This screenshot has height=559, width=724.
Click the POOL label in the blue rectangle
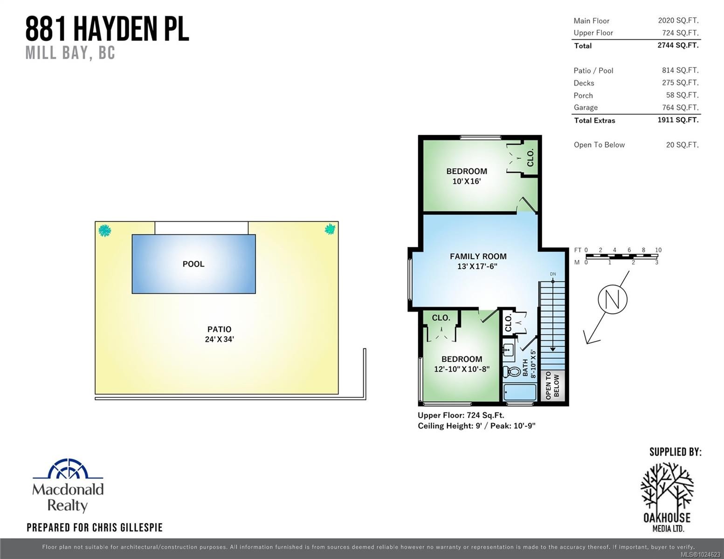(193, 264)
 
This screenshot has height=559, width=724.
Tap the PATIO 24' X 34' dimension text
(219, 339)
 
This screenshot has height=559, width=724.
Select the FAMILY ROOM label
(478, 256)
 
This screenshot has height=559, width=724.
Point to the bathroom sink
(509, 349)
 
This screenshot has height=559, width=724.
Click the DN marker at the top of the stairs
(553, 274)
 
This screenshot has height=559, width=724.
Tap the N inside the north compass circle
(613, 299)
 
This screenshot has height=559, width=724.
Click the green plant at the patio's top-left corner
(105, 230)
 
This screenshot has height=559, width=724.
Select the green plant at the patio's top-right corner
(330, 229)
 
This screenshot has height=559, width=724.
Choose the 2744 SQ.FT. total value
(678, 45)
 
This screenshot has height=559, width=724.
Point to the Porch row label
(583, 95)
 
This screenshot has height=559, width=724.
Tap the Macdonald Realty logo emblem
(68, 469)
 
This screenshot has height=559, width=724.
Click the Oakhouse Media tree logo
(667, 487)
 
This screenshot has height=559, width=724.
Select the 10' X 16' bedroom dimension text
(466, 181)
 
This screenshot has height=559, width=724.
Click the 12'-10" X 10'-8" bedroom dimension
(462, 369)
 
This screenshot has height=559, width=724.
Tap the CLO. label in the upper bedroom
(530, 158)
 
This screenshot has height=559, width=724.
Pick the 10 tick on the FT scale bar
(658, 250)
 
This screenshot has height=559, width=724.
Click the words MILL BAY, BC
(70, 53)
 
